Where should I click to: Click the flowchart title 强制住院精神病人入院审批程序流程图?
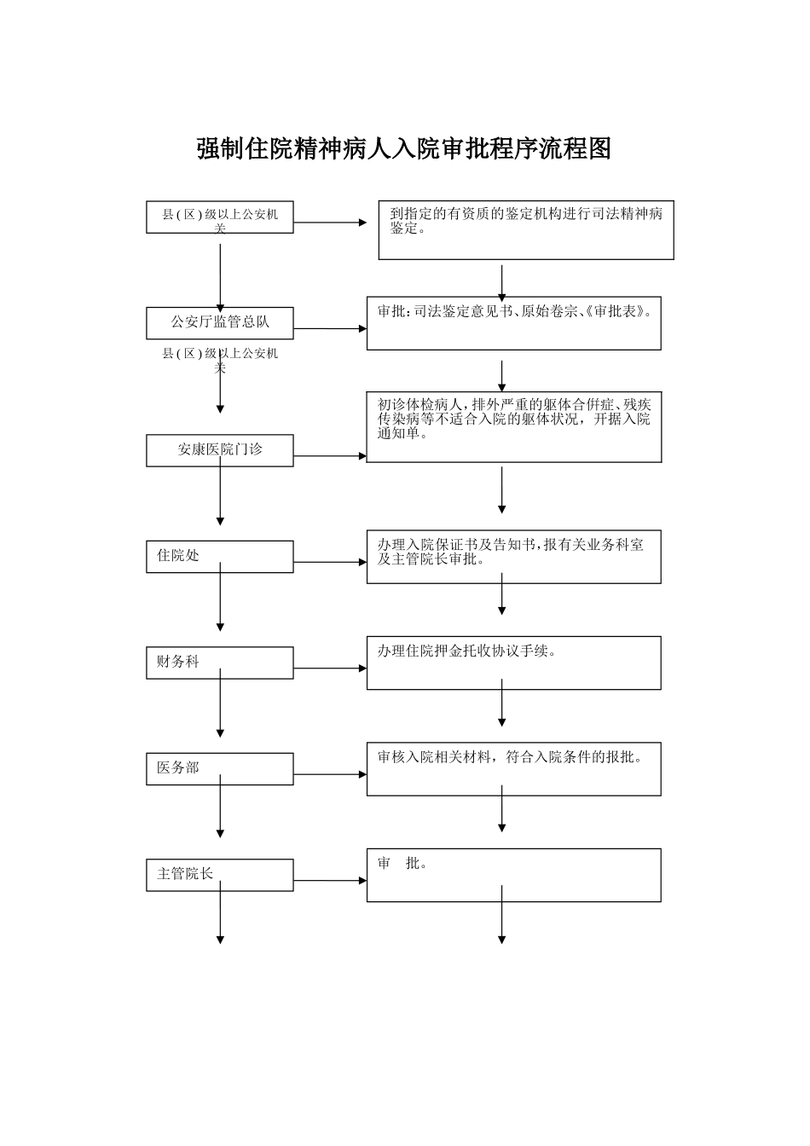404,148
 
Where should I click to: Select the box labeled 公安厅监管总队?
220,322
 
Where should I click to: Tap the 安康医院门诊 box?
220,449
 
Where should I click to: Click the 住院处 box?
220,556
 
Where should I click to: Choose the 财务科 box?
220,662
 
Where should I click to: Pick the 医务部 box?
220,768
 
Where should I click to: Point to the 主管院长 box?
220,874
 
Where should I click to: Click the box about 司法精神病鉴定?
526,230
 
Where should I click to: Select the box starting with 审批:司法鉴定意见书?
514,323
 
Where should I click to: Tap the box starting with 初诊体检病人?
514,427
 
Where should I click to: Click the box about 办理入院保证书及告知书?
514,557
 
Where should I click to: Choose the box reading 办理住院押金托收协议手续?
514,663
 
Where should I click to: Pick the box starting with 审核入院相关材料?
514,769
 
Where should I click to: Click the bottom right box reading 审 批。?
514,875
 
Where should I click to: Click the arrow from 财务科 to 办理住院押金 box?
330,668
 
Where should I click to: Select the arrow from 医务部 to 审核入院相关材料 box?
330,774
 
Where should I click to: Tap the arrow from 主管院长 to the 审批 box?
330,881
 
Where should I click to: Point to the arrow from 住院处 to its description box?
330,562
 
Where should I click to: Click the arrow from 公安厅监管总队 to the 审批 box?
330,328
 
